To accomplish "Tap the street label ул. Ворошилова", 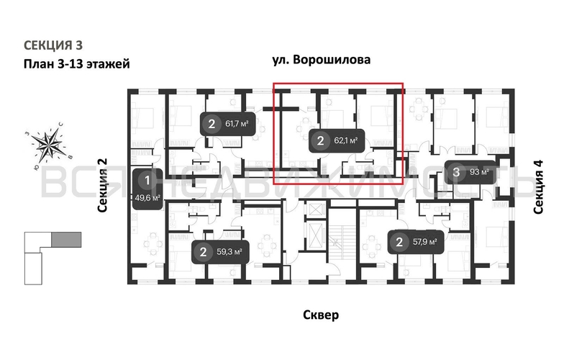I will coord(322,60).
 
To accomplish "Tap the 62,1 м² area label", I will coord(346,141).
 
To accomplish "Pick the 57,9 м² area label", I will coord(423,242).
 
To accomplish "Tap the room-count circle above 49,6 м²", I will coord(147,180).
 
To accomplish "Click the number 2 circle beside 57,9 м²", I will coord(399,242).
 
